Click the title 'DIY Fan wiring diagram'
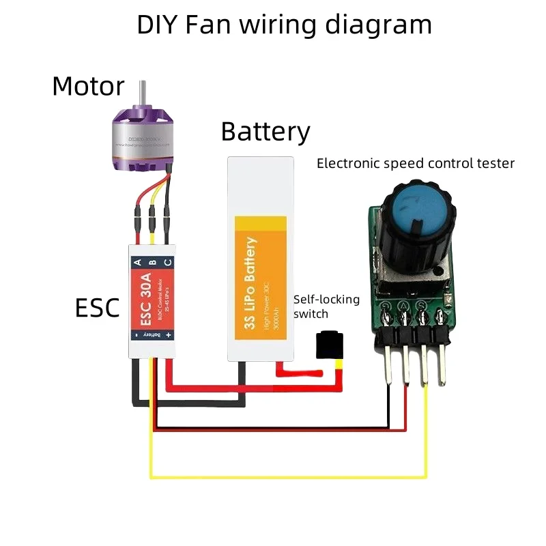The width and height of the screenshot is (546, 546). (x=284, y=25)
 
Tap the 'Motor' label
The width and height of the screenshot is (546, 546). (x=88, y=87)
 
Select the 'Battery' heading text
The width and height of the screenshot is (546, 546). (x=265, y=131)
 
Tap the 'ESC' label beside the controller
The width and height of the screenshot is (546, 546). (x=97, y=308)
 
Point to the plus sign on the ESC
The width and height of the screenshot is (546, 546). (x=168, y=335)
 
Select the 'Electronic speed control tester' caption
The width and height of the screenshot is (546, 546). (x=415, y=164)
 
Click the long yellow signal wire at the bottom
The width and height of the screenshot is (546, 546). (x=287, y=475)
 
